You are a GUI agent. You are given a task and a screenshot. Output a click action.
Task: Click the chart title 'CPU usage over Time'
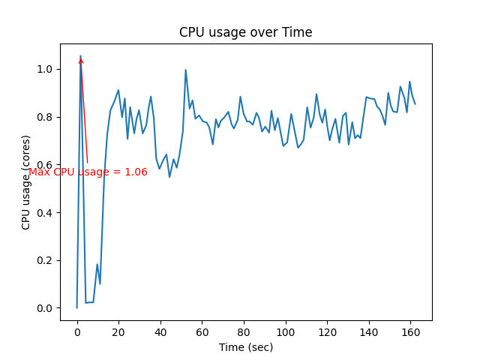click(x=245, y=32)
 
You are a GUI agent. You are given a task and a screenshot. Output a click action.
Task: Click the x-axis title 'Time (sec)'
click(x=245, y=347)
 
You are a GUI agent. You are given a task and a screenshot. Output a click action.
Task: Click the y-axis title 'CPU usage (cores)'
click(x=26, y=182)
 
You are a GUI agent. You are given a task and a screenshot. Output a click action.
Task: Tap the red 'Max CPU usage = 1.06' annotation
click(x=88, y=172)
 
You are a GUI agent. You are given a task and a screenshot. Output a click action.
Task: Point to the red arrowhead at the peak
click(x=81, y=60)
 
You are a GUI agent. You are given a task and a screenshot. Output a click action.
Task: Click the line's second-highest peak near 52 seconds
click(x=186, y=70)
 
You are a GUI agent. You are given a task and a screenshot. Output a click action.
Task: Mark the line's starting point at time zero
click(x=77, y=307)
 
